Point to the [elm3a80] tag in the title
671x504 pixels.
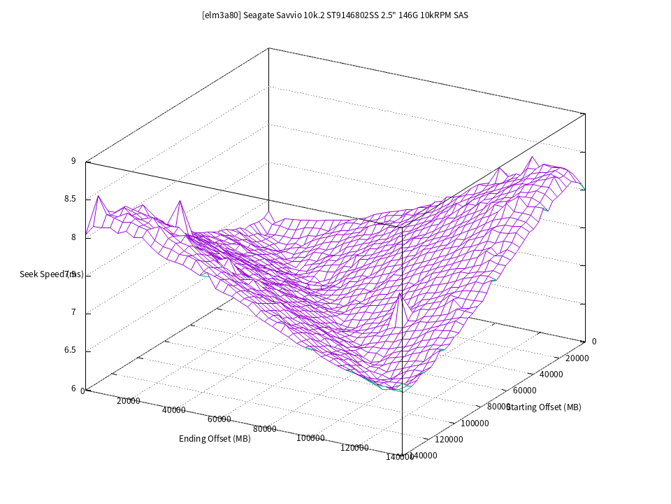pos(220,14)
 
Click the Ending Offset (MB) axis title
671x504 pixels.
pos(215,439)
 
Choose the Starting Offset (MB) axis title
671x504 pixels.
pos(544,407)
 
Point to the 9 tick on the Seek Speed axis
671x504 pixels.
pos(73,161)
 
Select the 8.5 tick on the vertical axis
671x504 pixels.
pos(70,199)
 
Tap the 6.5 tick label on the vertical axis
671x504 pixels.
pos(70,351)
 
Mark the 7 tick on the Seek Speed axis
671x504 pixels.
pos(73,313)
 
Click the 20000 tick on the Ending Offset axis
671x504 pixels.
pos(129,401)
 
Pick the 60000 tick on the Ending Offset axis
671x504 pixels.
pos(219,419)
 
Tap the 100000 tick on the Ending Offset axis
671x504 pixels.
pos(310,438)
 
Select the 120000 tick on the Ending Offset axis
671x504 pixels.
pos(354,448)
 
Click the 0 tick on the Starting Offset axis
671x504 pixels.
pos(594,342)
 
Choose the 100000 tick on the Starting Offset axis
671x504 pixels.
pos(475,423)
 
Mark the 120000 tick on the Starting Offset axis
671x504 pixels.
pos(449,440)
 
